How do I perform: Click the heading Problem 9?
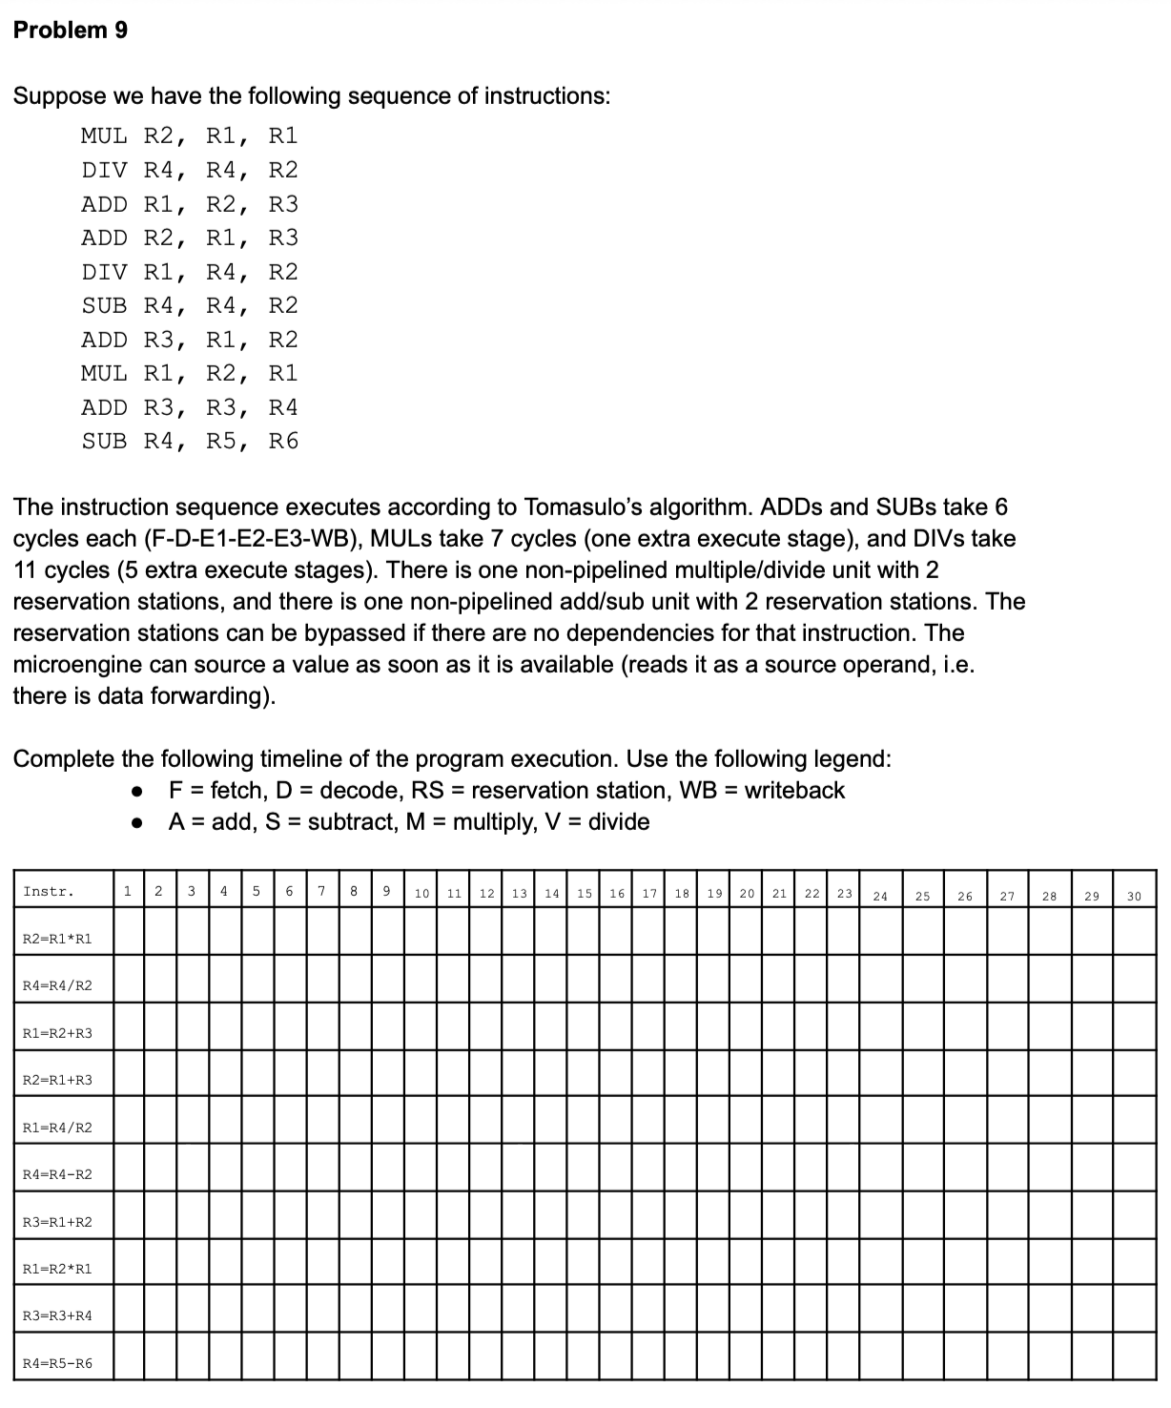pos(71,31)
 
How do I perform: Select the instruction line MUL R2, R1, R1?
pos(189,135)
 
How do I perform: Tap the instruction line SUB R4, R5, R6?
pos(189,441)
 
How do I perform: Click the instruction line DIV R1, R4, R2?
pos(189,272)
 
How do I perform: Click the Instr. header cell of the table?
pos(49,892)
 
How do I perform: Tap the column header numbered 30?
pos(1134,896)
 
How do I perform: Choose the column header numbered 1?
pos(127,892)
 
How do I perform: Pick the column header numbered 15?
pos(584,894)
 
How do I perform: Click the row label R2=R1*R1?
pos(57,939)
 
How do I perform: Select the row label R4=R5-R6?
pos(57,1363)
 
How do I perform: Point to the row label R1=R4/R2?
pos(57,1128)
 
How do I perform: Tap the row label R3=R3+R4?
pos(57,1315)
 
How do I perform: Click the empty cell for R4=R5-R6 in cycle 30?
pos(1134,1356)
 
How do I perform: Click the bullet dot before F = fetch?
pos(138,792)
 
